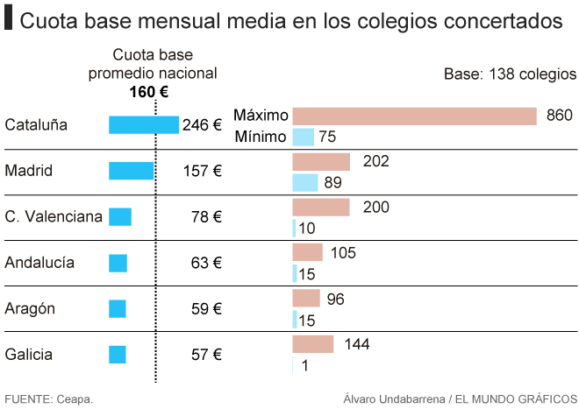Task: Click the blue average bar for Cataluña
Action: [144, 125]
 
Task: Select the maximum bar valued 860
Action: [414, 116]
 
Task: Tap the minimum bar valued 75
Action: [303, 137]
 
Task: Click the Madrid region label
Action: [29, 171]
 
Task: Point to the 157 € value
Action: [202, 171]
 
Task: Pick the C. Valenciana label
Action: [54, 216]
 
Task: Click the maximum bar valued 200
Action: [320, 208]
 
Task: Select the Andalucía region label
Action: [39, 263]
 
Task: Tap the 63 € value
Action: [206, 263]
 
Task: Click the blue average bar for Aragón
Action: [118, 308]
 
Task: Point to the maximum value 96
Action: [335, 300]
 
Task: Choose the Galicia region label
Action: [29, 355]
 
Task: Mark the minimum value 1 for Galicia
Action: [304, 365]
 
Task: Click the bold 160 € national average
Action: [149, 91]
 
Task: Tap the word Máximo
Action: [261, 116]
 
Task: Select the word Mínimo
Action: [261, 137]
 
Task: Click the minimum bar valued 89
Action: [304, 182]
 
